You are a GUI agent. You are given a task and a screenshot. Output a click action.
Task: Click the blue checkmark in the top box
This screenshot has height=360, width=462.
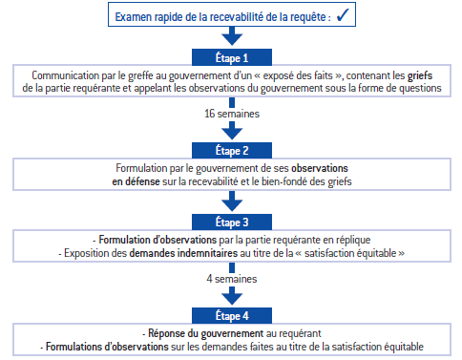tap(343, 15)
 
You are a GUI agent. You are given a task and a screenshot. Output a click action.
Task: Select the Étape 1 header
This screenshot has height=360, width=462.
tap(232, 57)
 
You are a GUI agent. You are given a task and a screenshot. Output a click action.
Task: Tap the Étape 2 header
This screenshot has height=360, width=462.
tap(232, 150)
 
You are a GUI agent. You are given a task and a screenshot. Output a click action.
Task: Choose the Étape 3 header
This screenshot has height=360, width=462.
tap(232, 222)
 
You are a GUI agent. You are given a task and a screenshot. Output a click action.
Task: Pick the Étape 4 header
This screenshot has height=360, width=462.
tap(232, 315)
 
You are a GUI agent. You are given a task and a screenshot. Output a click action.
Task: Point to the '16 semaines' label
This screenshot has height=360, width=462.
tap(232, 114)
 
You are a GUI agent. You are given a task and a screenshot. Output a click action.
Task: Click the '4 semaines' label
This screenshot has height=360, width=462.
tap(232, 279)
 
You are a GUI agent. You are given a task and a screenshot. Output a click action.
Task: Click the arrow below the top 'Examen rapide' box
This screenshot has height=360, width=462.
tap(232, 35)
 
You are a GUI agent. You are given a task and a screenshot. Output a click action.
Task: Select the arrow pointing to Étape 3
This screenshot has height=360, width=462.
tap(232, 201)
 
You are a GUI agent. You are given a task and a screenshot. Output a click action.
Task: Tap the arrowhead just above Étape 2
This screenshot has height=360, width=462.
tap(232, 131)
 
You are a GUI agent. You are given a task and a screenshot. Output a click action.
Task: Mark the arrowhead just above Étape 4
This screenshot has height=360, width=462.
tap(232, 296)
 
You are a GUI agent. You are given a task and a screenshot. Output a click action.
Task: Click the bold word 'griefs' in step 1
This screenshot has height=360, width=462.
tap(420, 75)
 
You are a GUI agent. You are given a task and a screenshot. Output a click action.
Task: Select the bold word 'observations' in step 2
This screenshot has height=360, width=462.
tap(320, 168)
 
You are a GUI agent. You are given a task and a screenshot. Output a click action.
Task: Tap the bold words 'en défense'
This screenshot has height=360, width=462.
tap(136, 181)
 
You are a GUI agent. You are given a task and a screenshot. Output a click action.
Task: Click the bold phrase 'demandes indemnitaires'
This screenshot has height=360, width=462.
tap(183, 253)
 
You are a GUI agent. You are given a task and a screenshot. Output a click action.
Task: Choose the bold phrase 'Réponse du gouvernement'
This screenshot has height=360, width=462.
tap(206, 333)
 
